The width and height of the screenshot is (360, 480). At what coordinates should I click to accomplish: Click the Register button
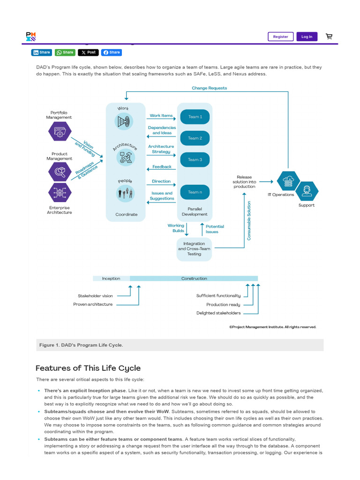280,37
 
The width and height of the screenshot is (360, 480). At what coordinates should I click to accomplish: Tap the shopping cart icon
329,37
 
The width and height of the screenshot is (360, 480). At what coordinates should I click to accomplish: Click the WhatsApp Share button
65,52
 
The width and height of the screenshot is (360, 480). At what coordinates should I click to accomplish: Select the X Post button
88,52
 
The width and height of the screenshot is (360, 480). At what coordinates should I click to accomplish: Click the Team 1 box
195,117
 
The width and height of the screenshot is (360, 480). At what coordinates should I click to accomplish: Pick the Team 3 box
195,160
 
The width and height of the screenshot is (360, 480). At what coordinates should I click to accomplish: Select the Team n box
195,192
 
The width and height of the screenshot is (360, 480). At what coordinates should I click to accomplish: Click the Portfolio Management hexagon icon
60,131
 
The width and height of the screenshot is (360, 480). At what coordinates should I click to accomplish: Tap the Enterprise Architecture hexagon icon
60,192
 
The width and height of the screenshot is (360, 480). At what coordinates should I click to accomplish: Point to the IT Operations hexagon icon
288,181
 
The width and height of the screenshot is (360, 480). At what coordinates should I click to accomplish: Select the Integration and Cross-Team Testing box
194,249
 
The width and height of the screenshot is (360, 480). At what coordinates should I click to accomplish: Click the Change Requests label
209,88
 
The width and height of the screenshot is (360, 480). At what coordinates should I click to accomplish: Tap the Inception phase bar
111,278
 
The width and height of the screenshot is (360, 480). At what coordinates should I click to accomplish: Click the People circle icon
125,192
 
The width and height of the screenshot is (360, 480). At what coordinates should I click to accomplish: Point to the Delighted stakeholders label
218,313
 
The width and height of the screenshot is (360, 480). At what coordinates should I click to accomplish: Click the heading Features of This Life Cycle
88,368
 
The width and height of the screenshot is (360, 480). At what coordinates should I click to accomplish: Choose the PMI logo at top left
30,37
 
